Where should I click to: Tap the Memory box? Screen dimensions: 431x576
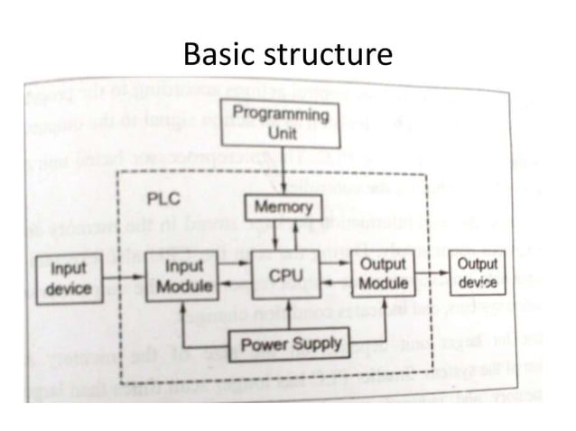[x=283, y=207]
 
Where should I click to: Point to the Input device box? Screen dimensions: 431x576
[x=70, y=278]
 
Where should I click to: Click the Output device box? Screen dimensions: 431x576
[x=477, y=272]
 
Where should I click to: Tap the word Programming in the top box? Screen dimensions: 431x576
[x=281, y=115]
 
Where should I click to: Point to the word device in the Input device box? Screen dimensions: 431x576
[x=70, y=288]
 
